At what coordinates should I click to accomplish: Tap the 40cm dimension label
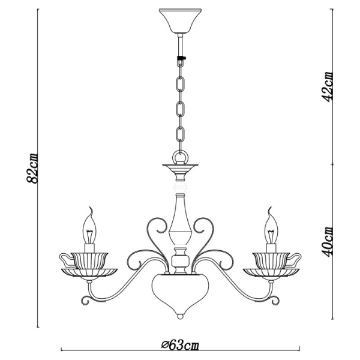coord(328,241)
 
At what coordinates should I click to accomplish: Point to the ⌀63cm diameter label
coord(180,346)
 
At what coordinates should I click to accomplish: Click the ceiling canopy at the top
coord(179,21)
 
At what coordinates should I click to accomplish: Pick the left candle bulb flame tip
coord(91,210)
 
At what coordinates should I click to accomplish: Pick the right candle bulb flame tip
coord(268,210)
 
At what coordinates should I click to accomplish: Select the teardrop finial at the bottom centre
coord(179,314)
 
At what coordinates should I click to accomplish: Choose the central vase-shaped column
coord(179,222)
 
